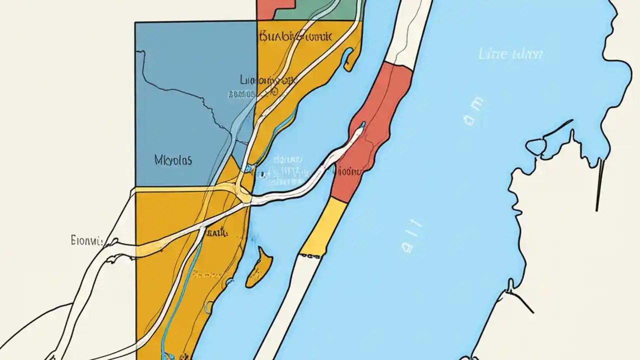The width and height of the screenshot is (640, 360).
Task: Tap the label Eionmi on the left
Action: (86, 241)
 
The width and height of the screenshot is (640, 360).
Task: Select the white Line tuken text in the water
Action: (510, 54)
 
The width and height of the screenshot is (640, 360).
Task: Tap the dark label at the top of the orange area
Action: (295, 36)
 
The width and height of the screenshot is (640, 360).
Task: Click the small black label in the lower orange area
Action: (216, 232)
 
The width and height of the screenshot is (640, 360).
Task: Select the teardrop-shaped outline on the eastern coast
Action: (535, 146)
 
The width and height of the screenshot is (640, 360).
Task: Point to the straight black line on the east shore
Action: (599, 185)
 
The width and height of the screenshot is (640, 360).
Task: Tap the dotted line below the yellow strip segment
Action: (310, 255)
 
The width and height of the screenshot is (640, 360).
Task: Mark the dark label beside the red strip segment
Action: (347, 171)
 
